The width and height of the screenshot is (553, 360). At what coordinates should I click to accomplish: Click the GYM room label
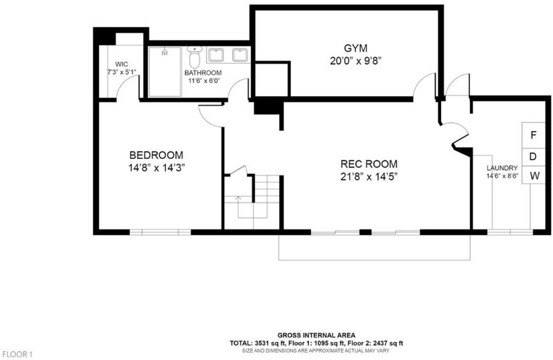click(x=355, y=48)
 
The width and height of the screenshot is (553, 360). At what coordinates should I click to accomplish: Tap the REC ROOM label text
click(x=368, y=164)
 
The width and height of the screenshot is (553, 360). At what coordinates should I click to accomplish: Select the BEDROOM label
click(x=156, y=155)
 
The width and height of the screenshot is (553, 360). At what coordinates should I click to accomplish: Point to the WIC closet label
click(x=122, y=64)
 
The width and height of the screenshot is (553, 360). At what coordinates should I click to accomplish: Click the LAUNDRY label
click(x=503, y=168)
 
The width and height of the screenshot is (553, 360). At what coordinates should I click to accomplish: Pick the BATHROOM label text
click(x=203, y=73)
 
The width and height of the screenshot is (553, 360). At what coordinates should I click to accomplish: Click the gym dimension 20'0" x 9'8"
click(x=356, y=61)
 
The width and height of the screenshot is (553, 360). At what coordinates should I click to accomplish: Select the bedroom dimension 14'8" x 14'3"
click(x=157, y=168)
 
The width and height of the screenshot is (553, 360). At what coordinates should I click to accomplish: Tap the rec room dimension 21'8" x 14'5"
click(x=369, y=176)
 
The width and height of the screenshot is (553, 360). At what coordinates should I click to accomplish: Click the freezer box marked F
click(x=533, y=135)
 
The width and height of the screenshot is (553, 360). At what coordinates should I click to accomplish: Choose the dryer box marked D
click(x=533, y=157)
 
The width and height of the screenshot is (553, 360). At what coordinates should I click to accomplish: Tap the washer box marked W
click(x=533, y=175)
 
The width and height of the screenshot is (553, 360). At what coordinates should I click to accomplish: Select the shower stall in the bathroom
click(x=165, y=72)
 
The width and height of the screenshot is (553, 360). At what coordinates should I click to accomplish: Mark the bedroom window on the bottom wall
click(x=160, y=232)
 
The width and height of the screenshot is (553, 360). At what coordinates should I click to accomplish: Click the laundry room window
click(x=510, y=232)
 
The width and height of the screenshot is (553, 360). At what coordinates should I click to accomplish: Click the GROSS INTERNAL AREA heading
click(x=317, y=335)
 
